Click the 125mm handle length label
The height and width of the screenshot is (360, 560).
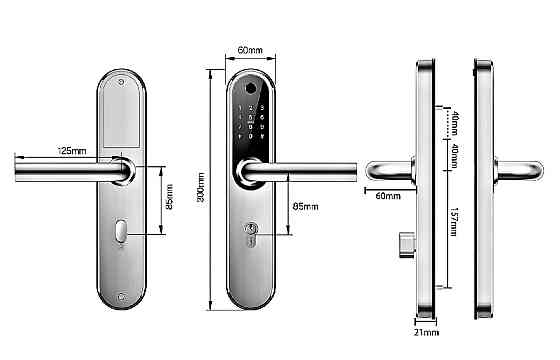click(72, 151)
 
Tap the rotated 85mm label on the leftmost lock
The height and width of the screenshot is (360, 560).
click(170, 197)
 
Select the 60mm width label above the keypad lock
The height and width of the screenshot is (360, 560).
click(250, 50)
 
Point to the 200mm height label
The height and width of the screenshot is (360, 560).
click(201, 187)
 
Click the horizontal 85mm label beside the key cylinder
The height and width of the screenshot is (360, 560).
click(305, 206)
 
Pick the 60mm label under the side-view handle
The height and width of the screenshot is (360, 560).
click(388, 196)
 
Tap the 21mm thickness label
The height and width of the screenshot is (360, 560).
click(426, 332)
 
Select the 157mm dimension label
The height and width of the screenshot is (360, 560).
click(454, 221)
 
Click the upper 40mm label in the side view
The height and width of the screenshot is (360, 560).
click(454, 123)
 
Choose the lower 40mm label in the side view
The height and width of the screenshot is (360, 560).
click(454, 156)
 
